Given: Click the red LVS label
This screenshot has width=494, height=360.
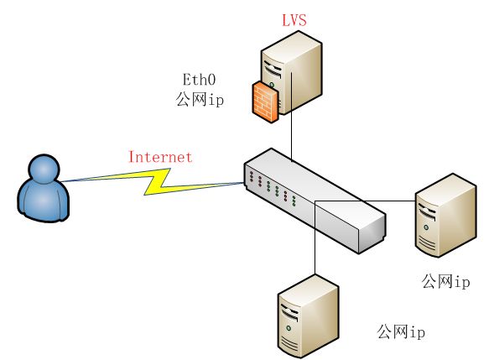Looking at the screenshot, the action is pyautogui.click(x=294, y=19).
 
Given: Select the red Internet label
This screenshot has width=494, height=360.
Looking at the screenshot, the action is pyautogui.click(x=160, y=157).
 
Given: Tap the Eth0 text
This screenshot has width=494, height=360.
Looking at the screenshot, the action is pyautogui.click(x=200, y=80).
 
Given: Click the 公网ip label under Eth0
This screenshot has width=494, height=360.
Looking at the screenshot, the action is pyautogui.click(x=200, y=100).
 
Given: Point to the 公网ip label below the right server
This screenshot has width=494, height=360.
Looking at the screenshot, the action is pyautogui.click(x=445, y=281).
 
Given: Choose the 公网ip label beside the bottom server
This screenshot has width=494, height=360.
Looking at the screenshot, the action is pyautogui.click(x=401, y=332).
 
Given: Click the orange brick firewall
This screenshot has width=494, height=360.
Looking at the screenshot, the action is pyautogui.click(x=265, y=102).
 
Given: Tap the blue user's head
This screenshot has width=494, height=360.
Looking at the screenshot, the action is pyautogui.click(x=44, y=169).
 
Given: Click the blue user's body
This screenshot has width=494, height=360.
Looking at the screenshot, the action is pyautogui.click(x=43, y=201).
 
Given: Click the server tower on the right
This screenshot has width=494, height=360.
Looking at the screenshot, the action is pyautogui.click(x=446, y=216).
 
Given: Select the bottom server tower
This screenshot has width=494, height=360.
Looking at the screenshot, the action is pyautogui.click(x=309, y=316).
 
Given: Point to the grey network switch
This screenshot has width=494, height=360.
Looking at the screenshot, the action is pyautogui.click(x=315, y=201).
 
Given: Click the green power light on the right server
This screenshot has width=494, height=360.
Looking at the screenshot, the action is pyautogui.click(x=426, y=227).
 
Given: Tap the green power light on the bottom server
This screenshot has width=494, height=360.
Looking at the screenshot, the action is pyautogui.click(x=289, y=328).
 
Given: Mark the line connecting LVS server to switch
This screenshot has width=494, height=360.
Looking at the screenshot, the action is pyautogui.click(x=291, y=117).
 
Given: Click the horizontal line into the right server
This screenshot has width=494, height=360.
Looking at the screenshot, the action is pyautogui.click(x=365, y=201).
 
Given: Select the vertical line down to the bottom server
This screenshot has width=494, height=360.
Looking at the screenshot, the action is pyautogui.click(x=315, y=237).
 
